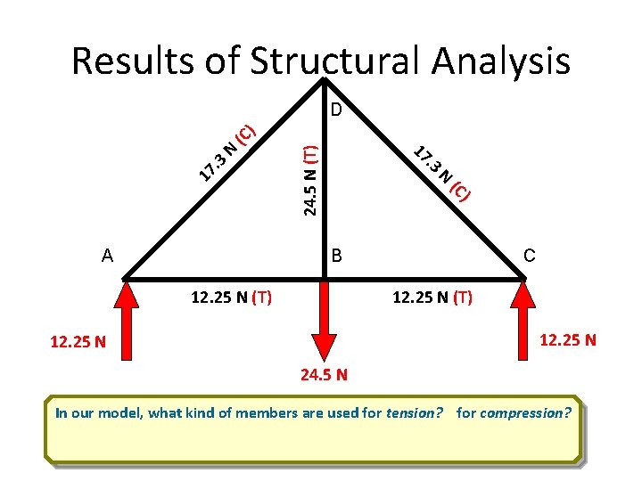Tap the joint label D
pyautogui.click(x=336, y=110)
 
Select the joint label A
pyautogui.click(x=107, y=256)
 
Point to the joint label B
pyautogui.click(x=336, y=257)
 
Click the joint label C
pyautogui.click(x=529, y=257)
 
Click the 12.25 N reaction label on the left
pyautogui.click(x=78, y=342)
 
